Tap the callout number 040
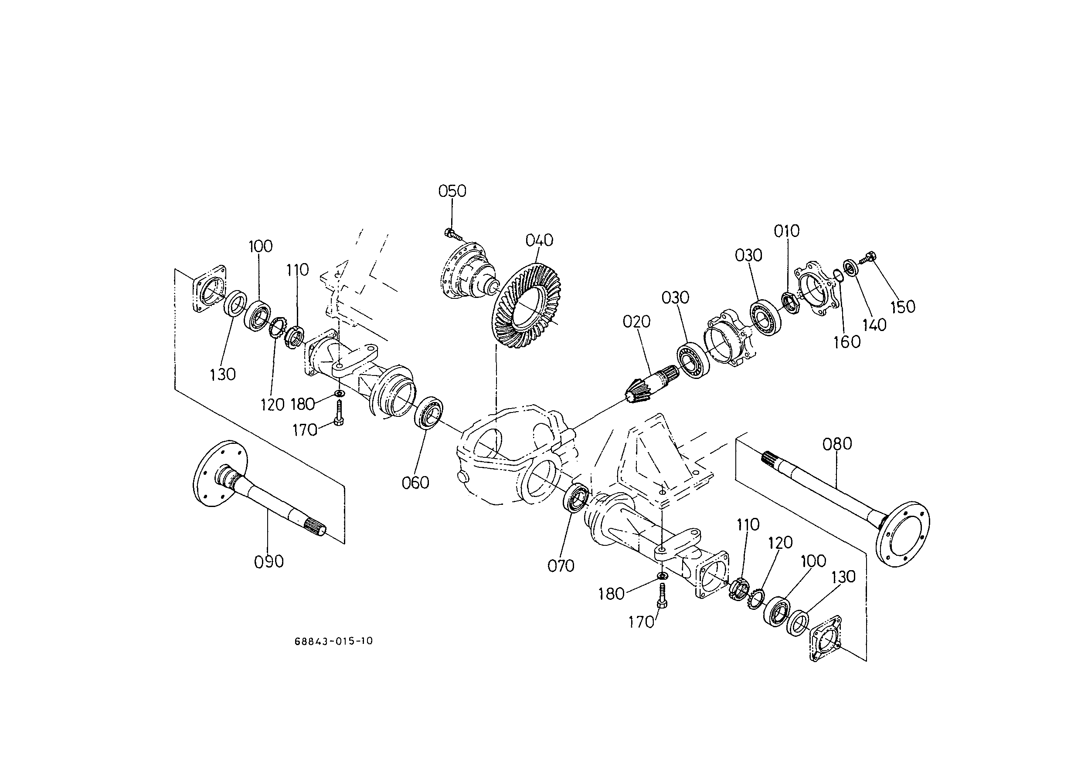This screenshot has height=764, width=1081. point(539,240)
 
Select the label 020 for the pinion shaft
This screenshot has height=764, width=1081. point(636,322)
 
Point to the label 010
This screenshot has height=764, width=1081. point(786,231)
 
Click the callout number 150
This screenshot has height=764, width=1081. point(903,307)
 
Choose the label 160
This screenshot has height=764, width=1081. point(846,342)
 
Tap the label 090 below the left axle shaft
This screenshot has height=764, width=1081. point(269,562)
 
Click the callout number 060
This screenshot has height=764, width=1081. point(415,483)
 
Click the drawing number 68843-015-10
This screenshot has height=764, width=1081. point(333,641)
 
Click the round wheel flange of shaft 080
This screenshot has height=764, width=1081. point(903,534)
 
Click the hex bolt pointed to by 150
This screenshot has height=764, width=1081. point(867,257)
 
